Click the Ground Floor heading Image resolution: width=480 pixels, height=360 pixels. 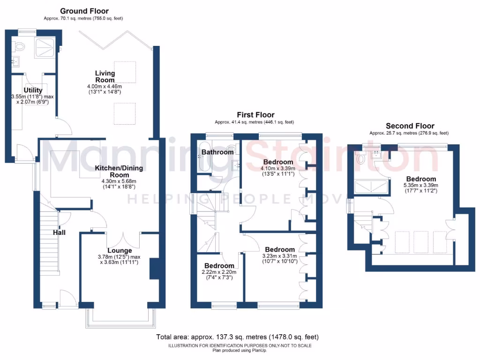pyautogui.click(x=84, y=11)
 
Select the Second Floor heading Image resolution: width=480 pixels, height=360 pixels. pyautogui.click(x=410, y=126)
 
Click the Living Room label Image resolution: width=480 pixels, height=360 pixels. pyautogui.click(x=105, y=76)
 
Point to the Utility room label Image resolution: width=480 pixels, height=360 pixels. pyautogui.click(x=33, y=90)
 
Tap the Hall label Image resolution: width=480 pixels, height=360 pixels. pyautogui.click(x=59, y=232)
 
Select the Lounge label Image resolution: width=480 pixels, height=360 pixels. pyautogui.click(x=120, y=250)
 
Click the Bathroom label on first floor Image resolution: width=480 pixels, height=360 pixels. pyautogui.click(x=217, y=152)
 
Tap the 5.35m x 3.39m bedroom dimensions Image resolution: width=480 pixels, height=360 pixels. pyautogui.click(x=421, y=188)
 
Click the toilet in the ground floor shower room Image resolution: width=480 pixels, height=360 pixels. pyautogui.click(x=19, y=46)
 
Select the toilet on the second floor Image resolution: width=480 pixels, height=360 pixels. pyautogui.click(x=360, y=159)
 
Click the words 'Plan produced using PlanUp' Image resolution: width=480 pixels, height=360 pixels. pyautogui.click(x=240, y=350)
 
